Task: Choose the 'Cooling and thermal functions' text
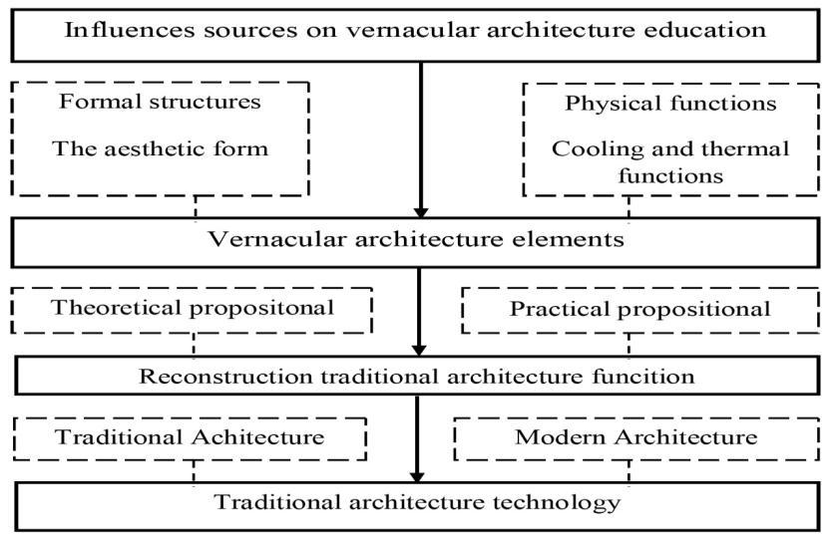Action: coord(655,160)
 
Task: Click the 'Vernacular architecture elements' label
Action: coord(416,240)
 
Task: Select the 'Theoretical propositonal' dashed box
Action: coord(193,310)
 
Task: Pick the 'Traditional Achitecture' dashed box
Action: coord(189,438)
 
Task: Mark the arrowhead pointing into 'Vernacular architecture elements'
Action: coord(420,210)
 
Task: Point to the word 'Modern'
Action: coord(550,438)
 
